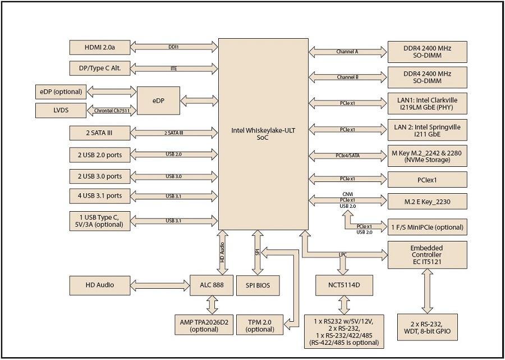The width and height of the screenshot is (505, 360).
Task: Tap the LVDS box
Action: coord(61,110)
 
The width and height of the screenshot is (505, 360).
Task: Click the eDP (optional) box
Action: coord(61,92)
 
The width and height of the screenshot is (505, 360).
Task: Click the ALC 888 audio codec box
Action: coord(212,285)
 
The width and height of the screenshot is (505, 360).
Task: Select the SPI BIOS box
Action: coord(258,285)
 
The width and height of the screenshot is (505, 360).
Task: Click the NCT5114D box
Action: coord(343,285)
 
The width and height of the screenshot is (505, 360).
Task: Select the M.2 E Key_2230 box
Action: coord(427,201)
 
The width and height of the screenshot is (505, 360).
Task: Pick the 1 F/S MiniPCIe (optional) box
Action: coord(427,227)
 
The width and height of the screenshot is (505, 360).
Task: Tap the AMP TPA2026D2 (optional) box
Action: coord(204,325)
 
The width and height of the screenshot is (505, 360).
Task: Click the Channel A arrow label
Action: coord(347,52)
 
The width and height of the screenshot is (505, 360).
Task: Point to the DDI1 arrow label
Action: coord(173,47)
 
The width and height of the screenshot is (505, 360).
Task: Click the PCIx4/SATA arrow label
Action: coord(347,156)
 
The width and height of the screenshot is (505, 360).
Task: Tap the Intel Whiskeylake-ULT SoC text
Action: coord(263,134)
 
